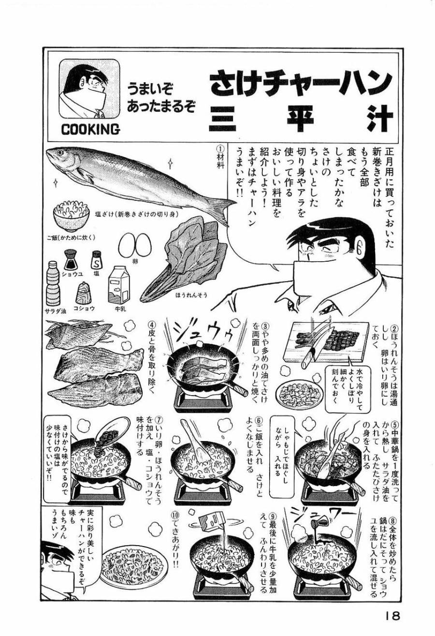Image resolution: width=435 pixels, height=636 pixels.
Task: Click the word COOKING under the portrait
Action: pyautogui.click(x=91, y=129)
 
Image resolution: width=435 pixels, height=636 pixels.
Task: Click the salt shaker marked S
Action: pyautogui.click(x=97, y=262)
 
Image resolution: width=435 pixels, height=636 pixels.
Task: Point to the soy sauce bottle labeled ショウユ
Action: pyautogui.click(x=71, y=261)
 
